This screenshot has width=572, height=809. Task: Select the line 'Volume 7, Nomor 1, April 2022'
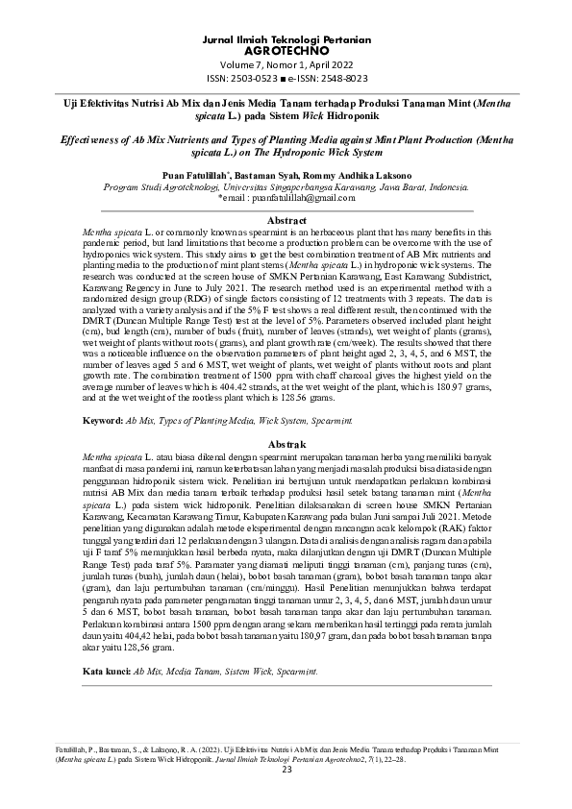click(x=286, y=63)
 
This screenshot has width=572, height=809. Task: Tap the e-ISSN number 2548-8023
click(x=336, y=78)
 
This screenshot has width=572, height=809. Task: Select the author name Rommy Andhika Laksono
click(x=352, y=176)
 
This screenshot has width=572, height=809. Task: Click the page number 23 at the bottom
click(x=286, y=769)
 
